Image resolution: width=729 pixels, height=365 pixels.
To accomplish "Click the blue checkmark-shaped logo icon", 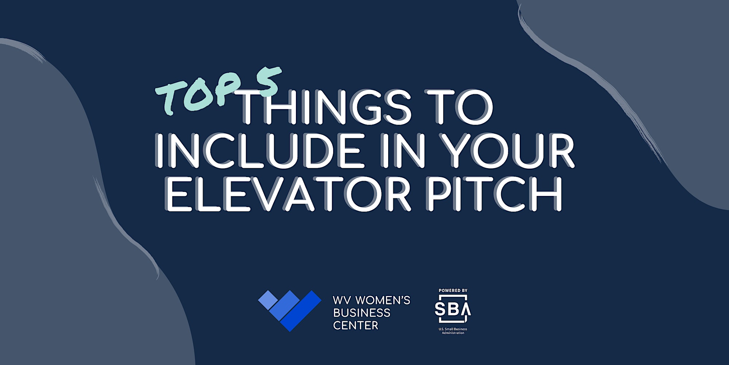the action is [x=290, y=310].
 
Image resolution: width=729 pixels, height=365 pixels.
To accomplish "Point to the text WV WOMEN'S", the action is [x=372, y=300].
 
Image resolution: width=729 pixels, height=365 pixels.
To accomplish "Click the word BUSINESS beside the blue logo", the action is [x=362, y=313].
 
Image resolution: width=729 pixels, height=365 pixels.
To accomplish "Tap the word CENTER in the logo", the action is [x=356, y=325].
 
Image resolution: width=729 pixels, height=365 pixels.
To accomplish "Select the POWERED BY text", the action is [x=453, y=291].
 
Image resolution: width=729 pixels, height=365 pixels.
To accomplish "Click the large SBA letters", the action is [x=453, y=309].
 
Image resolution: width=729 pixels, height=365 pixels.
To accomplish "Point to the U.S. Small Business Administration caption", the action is [x=453, y=331].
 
